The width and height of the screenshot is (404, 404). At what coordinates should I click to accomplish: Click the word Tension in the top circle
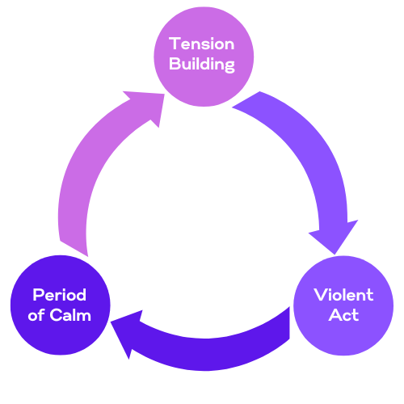click(x=202, y=45)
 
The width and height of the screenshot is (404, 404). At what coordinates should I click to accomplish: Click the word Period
click(x=58, y=296)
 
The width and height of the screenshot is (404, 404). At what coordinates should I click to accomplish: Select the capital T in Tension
click(x=174, y=45)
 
